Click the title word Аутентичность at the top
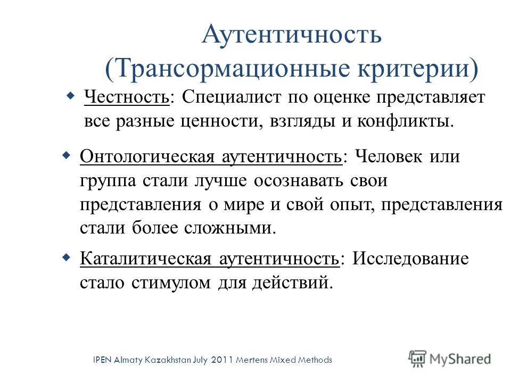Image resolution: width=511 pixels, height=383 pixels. click(x=292, y=36)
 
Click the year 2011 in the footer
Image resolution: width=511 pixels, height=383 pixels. click(x=225, y=360)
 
